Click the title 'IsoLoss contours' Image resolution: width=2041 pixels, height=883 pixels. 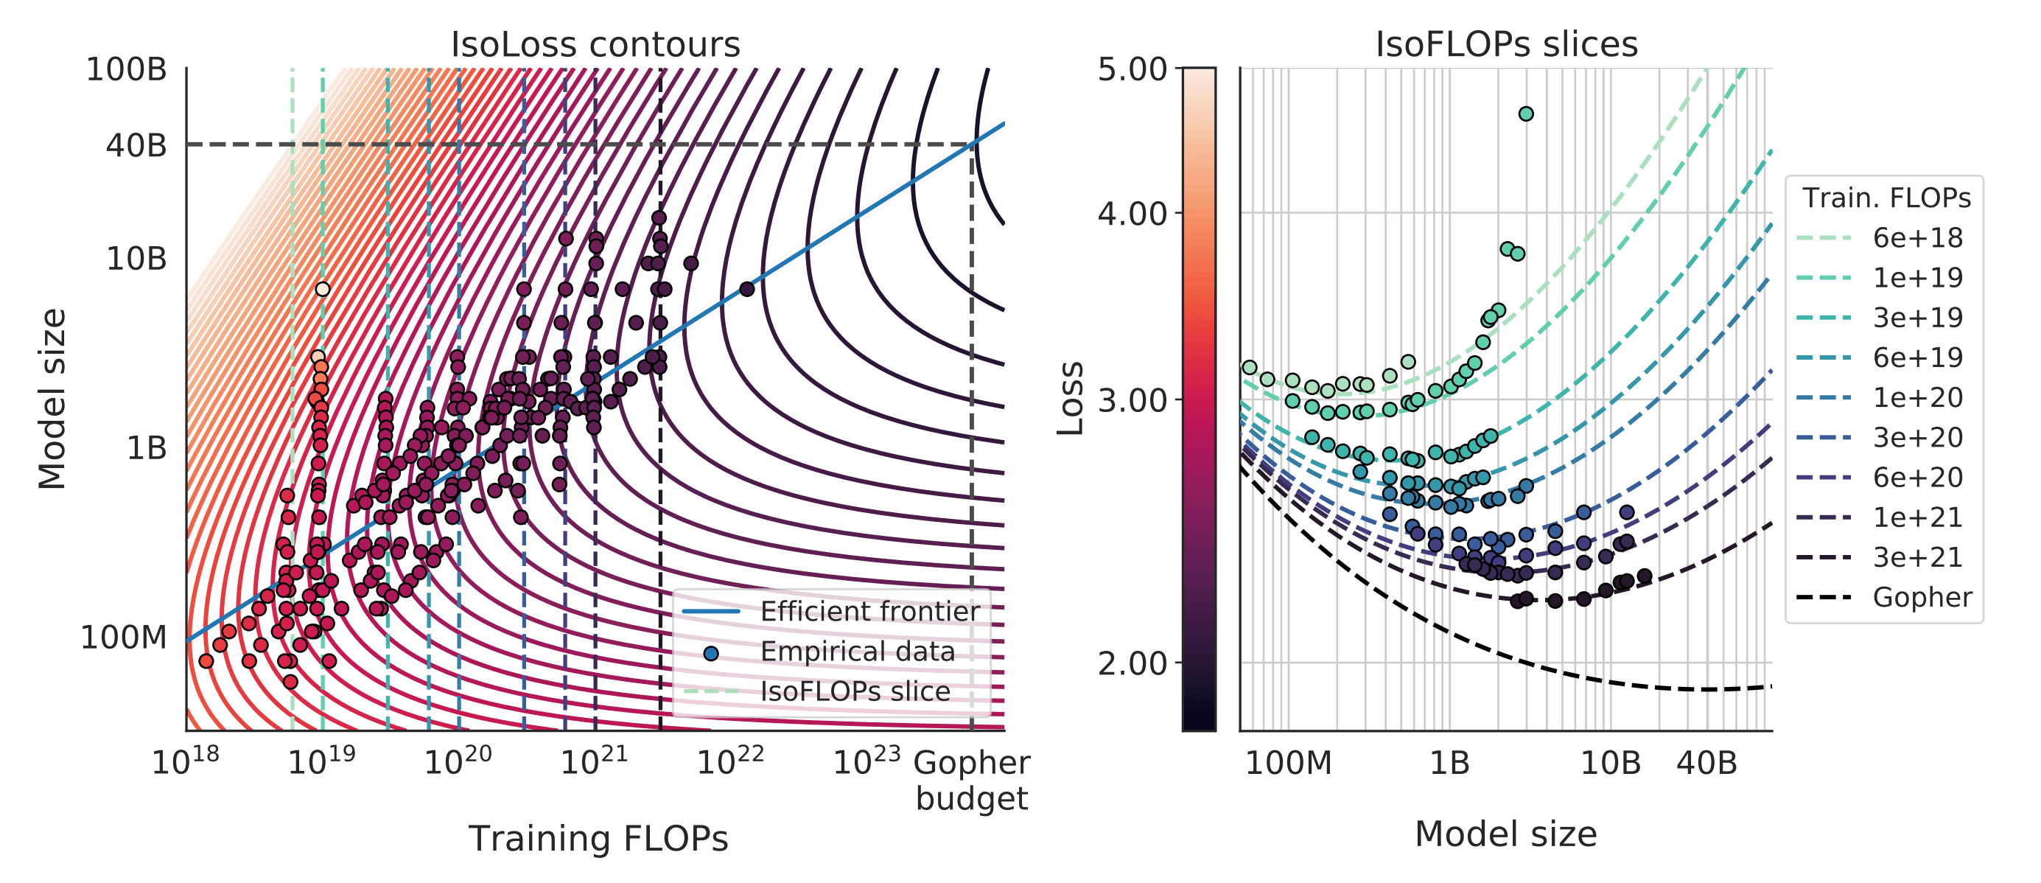[x=595, y=44]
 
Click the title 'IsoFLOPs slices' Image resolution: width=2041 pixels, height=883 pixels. [x=1506, y=44]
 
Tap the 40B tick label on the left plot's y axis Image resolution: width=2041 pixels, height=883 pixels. [x=136, y=146]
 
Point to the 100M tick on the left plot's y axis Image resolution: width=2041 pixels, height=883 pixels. [x=124, y=638]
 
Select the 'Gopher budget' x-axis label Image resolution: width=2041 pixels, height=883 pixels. [x=971, y=780]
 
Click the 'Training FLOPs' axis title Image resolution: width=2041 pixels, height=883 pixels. [x=598, y=839]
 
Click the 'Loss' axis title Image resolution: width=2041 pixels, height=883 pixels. [x=1071, y=398]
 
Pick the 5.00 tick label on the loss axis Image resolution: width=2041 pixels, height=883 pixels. [x=1132, y=70]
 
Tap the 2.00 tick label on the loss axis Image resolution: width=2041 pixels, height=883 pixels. [x=1132, y=663]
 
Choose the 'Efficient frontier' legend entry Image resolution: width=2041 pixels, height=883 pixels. [x=869, y=611]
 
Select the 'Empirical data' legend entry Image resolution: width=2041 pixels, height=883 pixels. [x=857, y=652]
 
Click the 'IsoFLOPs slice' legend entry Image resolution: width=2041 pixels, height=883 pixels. [x=855, y=691]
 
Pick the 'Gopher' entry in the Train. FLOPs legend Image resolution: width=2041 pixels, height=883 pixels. [x=1922, y=597]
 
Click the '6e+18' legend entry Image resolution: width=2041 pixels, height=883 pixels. [x=1917, y=238]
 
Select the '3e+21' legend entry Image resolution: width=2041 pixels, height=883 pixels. [x=1917, y=557]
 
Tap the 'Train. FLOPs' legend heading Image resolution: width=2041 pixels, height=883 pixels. [x=1886, y=198]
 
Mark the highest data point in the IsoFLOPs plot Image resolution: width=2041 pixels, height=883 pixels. [x=1526, y=114]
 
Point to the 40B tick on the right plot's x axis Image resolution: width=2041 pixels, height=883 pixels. [x=1706, y=764]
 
